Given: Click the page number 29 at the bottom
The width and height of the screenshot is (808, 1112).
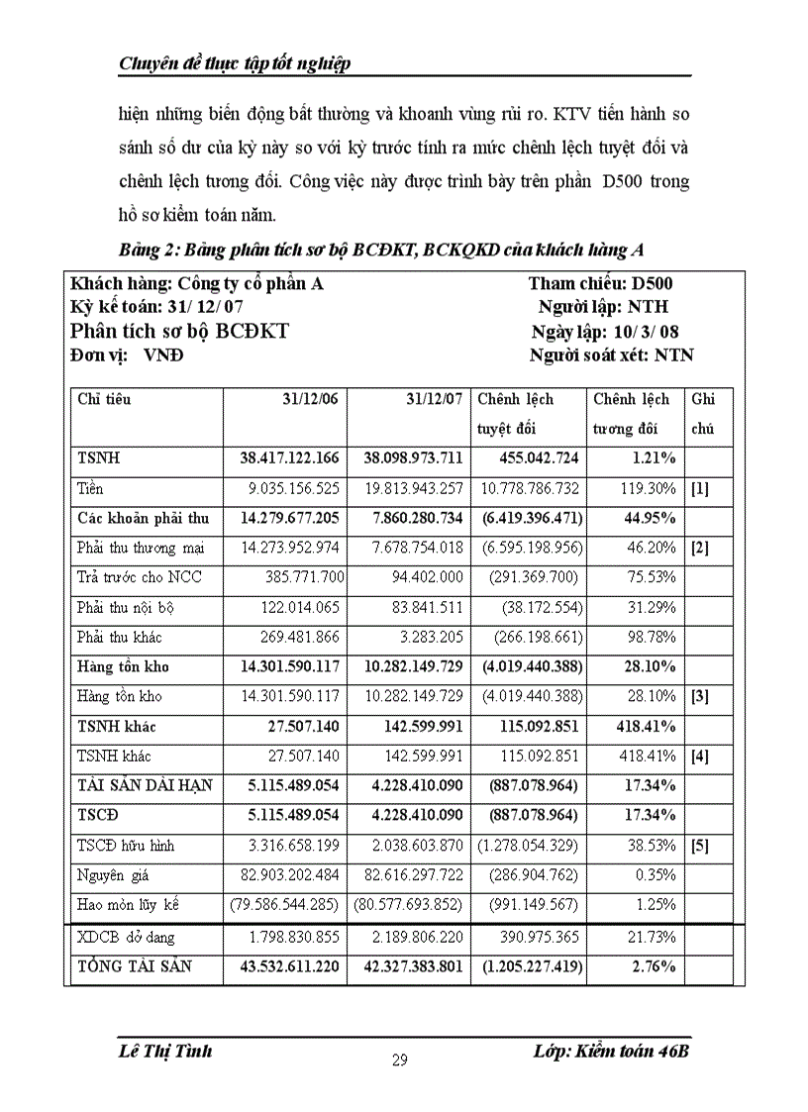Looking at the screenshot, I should [400, 1061].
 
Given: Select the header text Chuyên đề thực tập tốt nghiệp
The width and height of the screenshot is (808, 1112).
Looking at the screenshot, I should [235, 65].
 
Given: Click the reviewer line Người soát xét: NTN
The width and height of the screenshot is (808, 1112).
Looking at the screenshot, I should [611, 355].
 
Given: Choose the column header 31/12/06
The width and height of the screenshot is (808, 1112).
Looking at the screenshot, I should [310, 400].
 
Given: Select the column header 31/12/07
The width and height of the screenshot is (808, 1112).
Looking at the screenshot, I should [434, 400].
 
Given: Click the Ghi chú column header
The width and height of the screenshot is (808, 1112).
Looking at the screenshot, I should [703, 414].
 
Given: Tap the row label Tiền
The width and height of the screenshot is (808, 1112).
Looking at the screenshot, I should [90, 488].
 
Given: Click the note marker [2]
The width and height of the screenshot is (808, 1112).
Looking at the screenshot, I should [699, 548].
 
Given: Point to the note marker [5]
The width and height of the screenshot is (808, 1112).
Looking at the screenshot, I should [699, 846].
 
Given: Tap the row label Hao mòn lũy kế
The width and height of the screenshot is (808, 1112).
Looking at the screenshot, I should [129, 905].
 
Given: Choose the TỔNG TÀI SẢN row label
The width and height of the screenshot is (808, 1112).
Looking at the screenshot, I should [135, 966].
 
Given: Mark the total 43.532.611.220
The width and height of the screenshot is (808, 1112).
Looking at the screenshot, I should [289, 966].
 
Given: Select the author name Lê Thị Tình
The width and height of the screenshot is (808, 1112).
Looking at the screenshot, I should [164, 1051].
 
